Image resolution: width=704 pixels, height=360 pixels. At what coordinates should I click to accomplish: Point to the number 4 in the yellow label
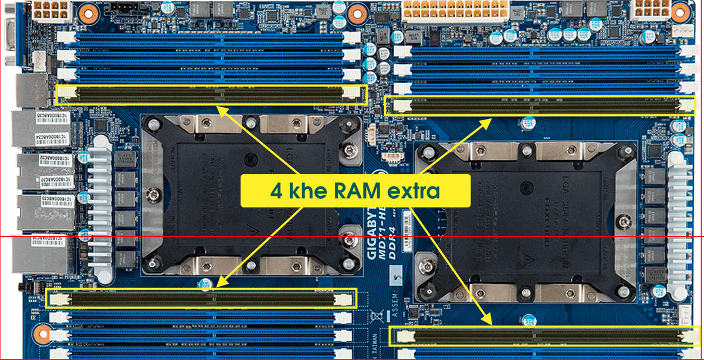point(276,191)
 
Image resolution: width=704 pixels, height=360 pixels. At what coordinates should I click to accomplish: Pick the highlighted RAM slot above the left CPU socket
point(211,94)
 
